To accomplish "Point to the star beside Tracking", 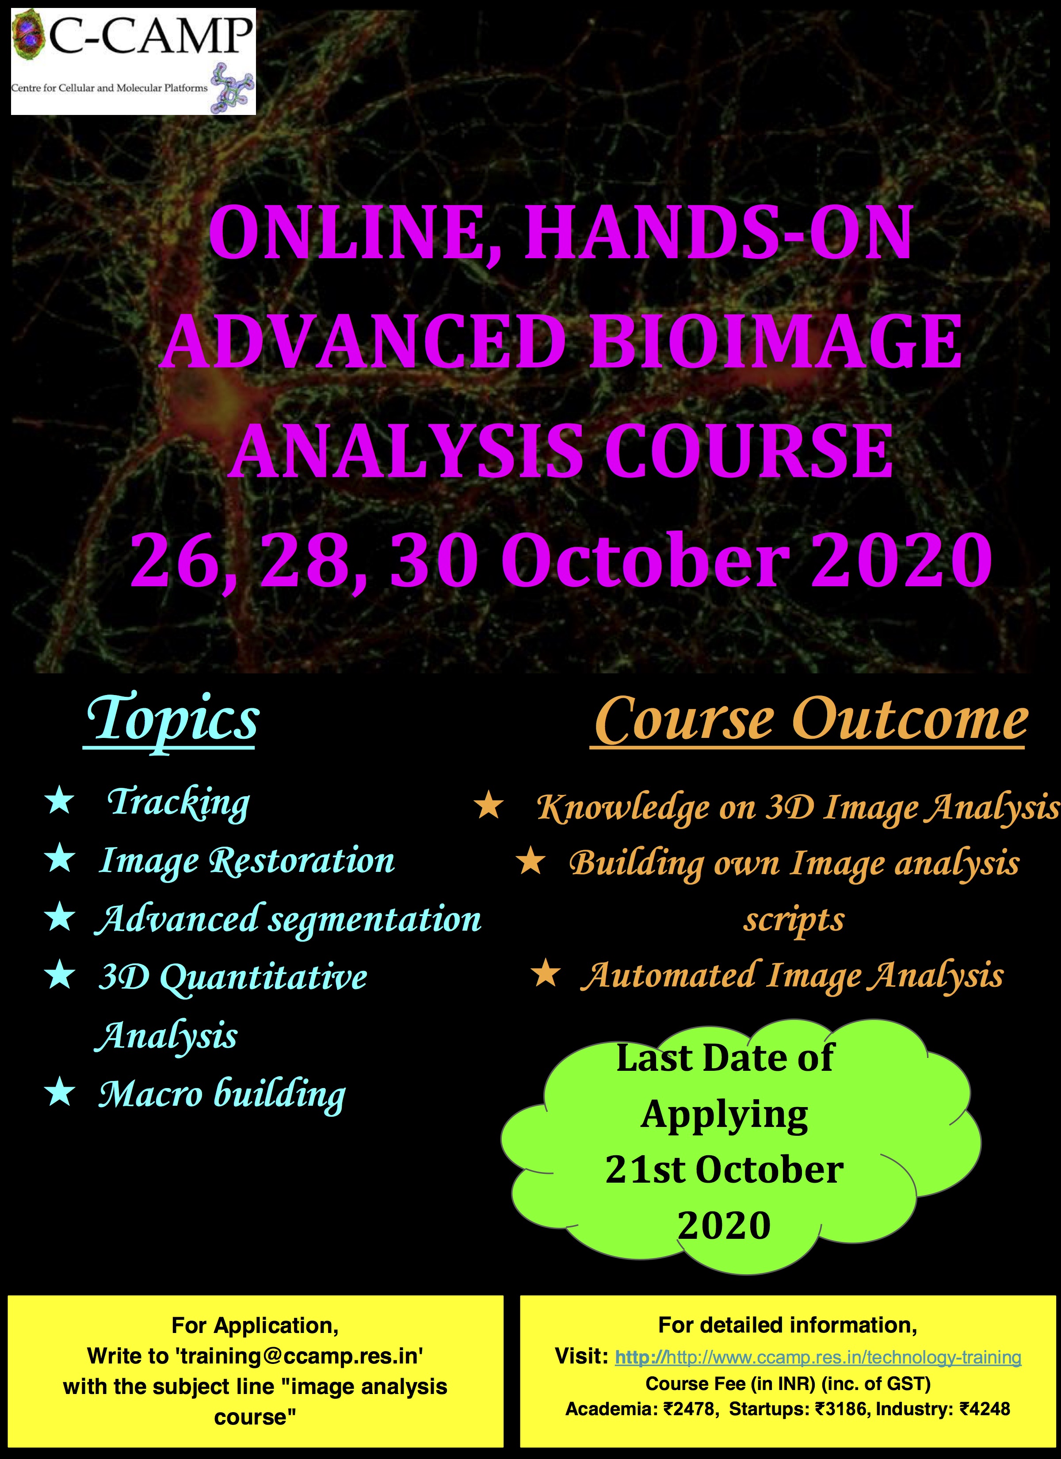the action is click(60, 802).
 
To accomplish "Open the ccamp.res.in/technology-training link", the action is click(818, 1357).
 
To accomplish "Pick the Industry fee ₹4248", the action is click(985, 1409).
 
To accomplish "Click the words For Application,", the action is click(255, 1325).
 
